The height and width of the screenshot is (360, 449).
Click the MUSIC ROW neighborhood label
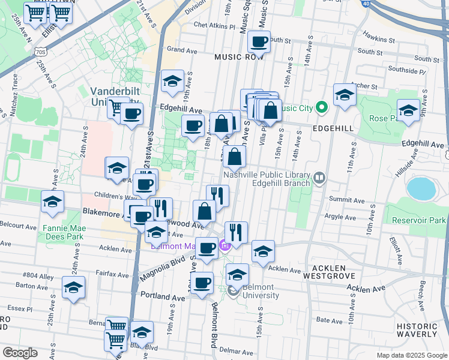[x=238, y=57]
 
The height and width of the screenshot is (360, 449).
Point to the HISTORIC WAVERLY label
[x=416, y=330]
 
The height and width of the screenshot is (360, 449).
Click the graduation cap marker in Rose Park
[x=408, y=111]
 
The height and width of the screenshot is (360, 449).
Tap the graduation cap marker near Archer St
[x=345, y=95]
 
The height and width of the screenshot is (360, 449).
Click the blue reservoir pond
[x=423, y=188]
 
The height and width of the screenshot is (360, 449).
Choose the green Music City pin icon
[x=321, y=109]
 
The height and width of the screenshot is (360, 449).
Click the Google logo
[x=20, y=353]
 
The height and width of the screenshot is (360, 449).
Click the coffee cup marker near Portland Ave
[x=201, y=283]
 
